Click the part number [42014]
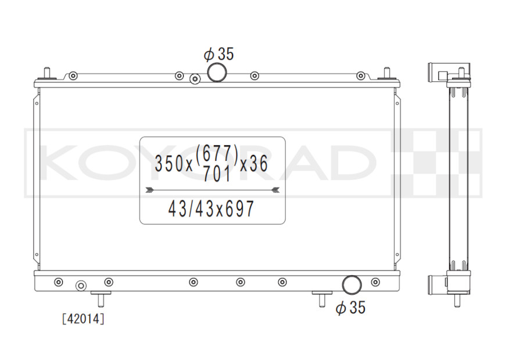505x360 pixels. (x=83, y=319)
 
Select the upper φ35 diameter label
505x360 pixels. (x=219, y=54)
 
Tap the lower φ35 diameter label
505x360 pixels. (x=350, y=308)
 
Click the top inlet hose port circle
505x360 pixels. (x=217, y=73)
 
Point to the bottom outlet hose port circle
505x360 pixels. (x=352, y=285)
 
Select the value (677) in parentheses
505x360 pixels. (x=217, y=153)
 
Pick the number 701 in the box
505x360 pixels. (x=217, y=175)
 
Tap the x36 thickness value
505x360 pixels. (x=254, y=163)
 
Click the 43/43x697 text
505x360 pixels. (x=212, y=208)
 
